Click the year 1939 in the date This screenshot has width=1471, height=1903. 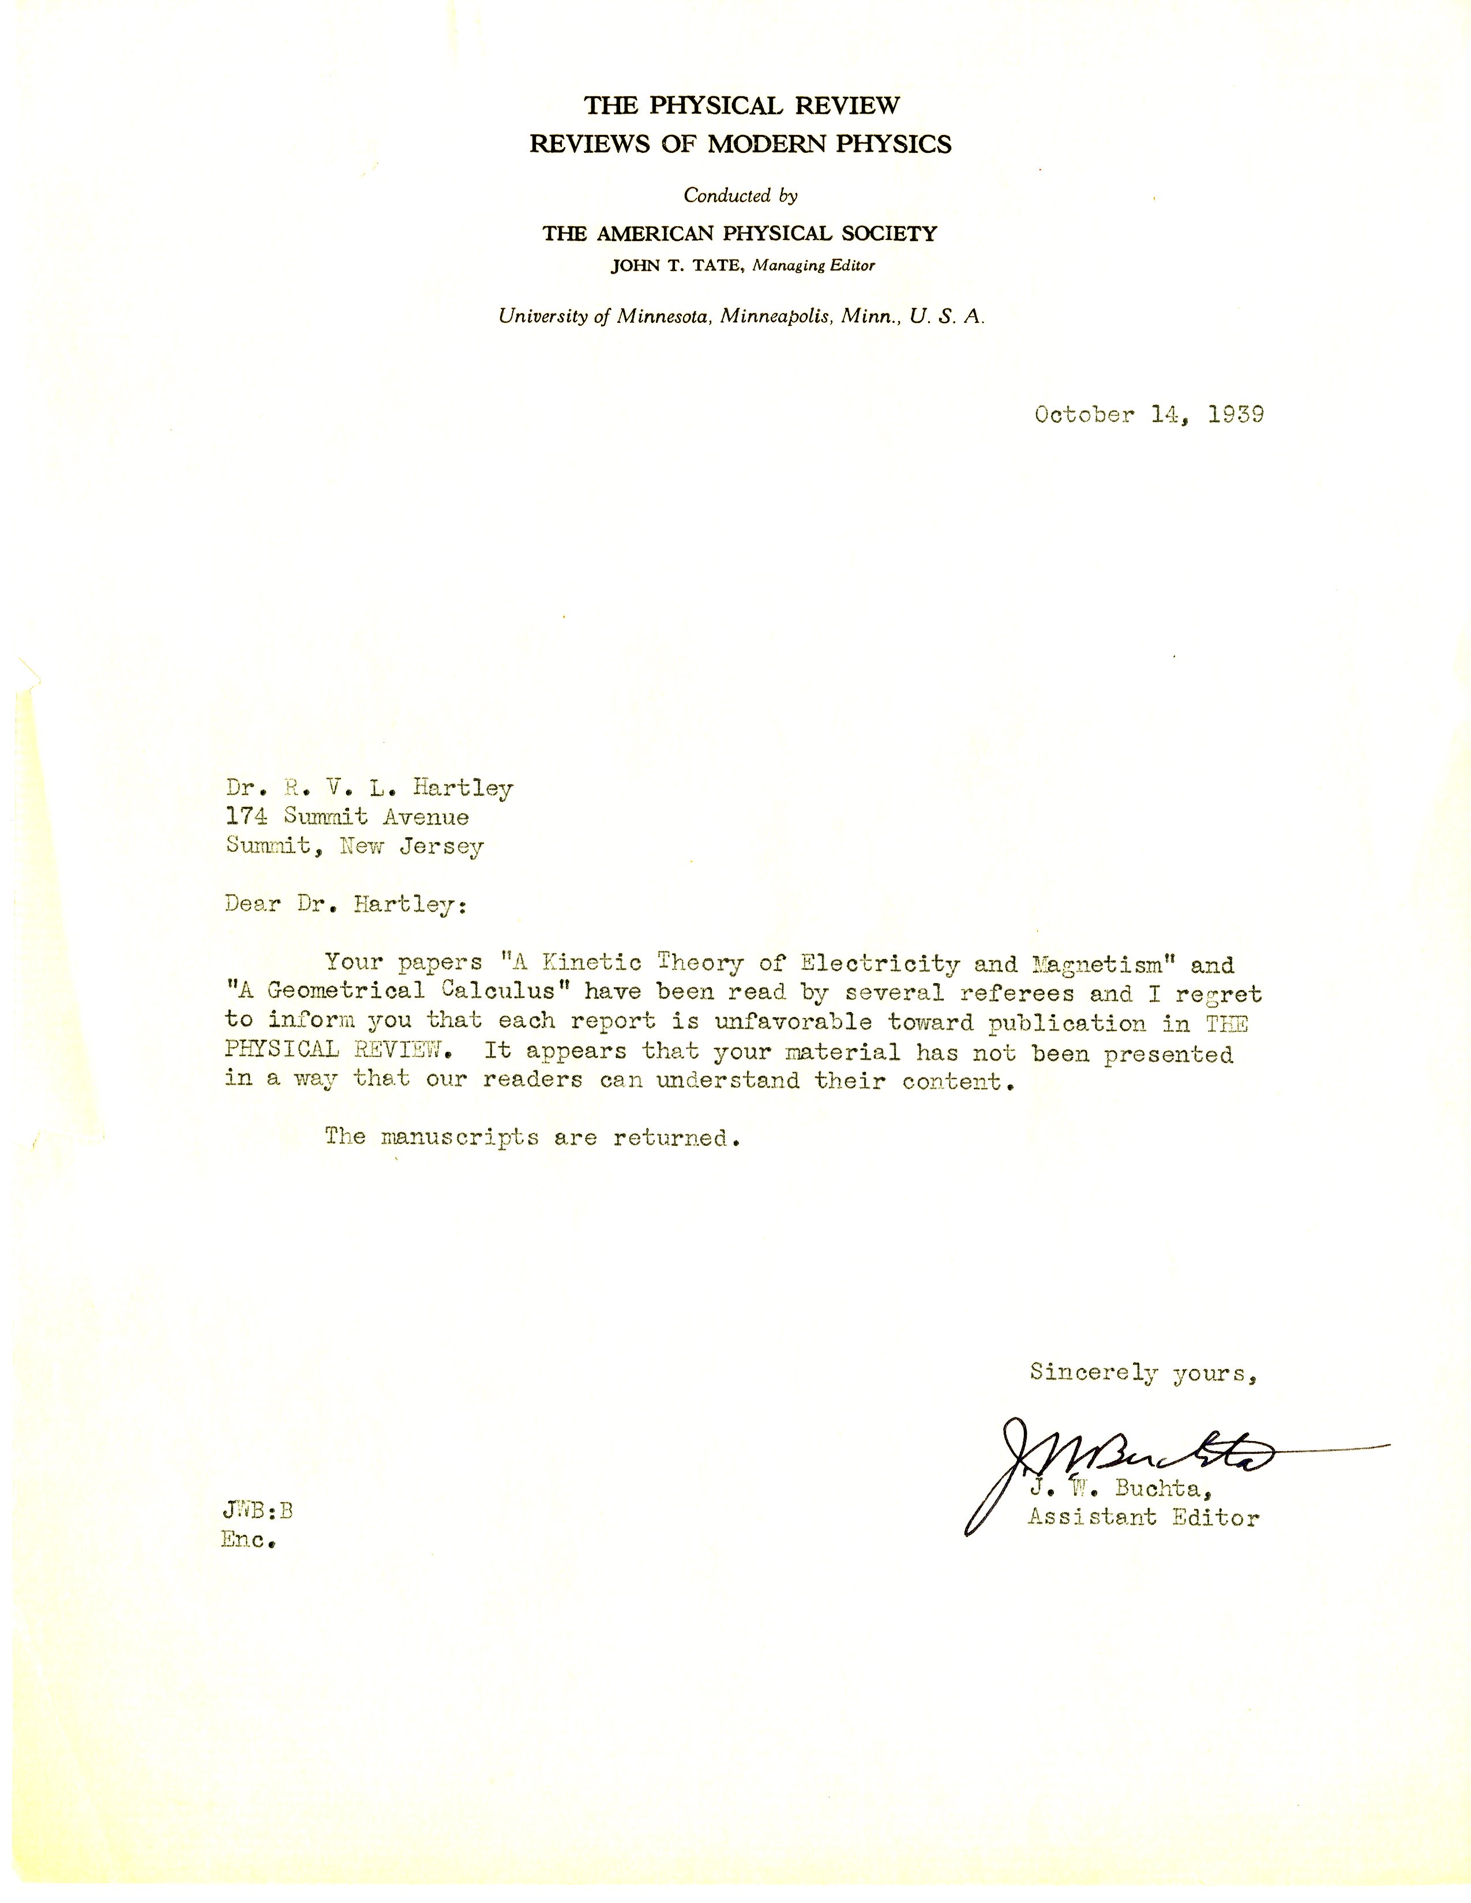coord(1236,415)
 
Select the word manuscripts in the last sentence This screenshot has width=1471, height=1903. coord(459,1138)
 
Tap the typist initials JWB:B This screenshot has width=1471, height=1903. coord(258,1511)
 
